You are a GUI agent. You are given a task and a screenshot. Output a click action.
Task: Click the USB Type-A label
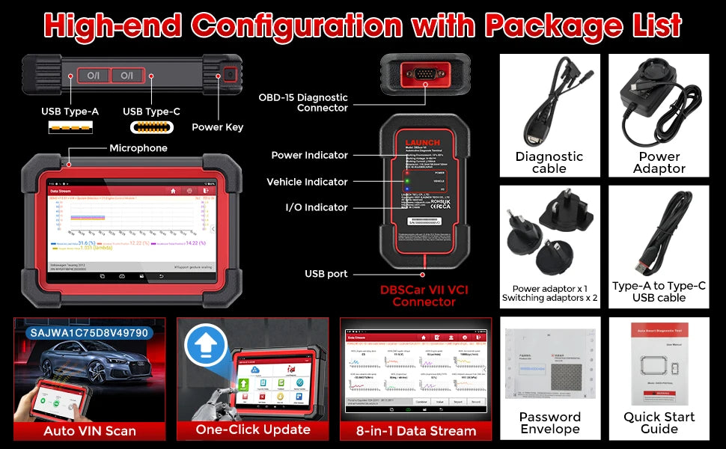coord(70,112)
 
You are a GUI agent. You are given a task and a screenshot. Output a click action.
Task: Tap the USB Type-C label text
coord(151,112)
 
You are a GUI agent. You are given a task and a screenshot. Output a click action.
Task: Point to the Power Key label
coord(217,127)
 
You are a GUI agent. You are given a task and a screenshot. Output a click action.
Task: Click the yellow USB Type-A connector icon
coord(70,128)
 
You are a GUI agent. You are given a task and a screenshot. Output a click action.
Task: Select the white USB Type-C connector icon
coord(152,127)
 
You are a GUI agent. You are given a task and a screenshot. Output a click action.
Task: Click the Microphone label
coord(138,148)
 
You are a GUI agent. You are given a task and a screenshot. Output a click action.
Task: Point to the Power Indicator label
coord(309,155)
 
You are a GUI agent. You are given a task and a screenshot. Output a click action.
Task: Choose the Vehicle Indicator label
coord(307,182)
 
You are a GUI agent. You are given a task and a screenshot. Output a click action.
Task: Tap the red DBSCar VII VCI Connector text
coord(424,296)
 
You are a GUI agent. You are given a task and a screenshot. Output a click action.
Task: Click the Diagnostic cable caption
coord(549,162)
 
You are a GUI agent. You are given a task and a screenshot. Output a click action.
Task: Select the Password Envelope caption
coord(549,423)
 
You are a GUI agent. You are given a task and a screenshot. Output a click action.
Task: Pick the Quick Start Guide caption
coord(659,423)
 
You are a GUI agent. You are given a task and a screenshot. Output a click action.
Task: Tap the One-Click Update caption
coord(253,430)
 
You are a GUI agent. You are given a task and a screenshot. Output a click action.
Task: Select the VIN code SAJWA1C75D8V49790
coord(89,332)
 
